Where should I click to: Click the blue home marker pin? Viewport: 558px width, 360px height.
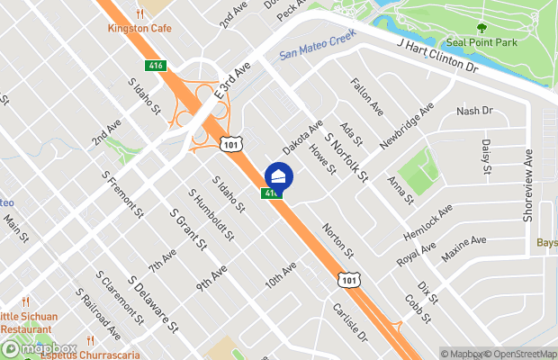[x=278, y=175]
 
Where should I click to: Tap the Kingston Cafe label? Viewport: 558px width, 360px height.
[x=139, y=28]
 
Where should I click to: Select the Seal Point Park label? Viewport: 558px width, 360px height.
[x=481, y=41]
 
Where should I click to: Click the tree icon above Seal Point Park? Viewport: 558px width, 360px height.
[x=481, y=27]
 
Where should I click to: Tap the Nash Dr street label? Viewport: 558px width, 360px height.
[x=475, y=111]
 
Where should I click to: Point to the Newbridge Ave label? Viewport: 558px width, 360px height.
[x=407, y=124]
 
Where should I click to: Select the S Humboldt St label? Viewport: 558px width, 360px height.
[x=211, y=214]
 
